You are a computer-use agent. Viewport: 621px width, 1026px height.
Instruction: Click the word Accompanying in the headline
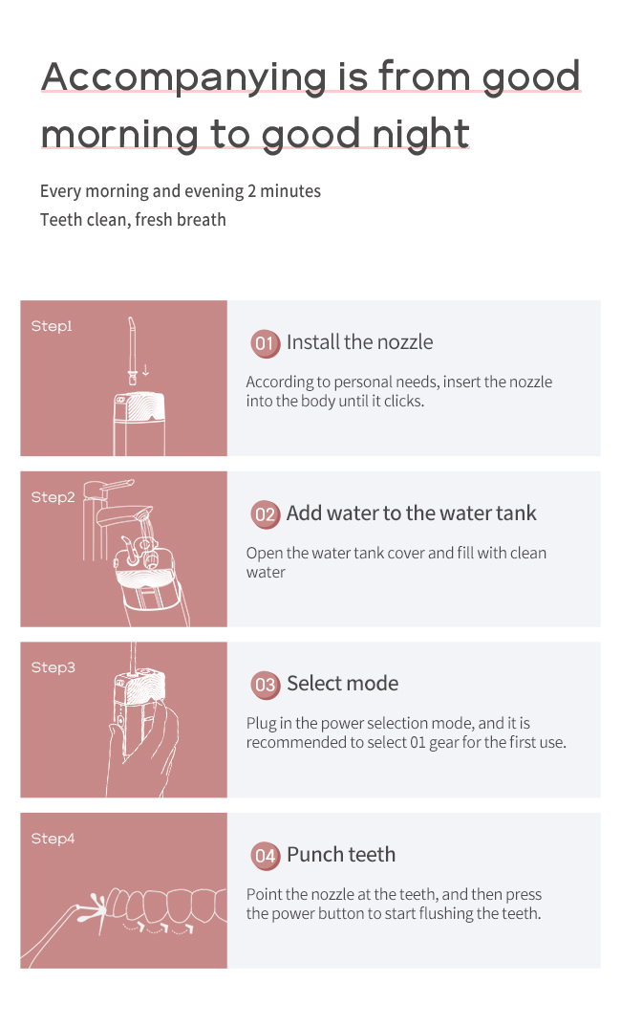[183, 78]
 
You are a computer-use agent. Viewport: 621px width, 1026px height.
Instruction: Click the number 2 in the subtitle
[251, 191]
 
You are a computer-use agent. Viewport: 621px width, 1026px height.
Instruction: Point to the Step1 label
[52, 326]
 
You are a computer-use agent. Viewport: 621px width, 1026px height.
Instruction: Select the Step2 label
[53, 497]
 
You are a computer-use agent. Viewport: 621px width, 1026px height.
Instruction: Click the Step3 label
[53, 667]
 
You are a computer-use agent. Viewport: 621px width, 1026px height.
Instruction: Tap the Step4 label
[53, 839]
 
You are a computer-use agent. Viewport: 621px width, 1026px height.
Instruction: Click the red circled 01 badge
[265, 343]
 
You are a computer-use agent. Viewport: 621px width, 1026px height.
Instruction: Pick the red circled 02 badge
[265, 514]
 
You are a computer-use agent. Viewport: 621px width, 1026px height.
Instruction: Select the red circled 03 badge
[265, 685]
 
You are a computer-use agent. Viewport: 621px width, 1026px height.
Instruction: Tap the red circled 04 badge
[265, 856]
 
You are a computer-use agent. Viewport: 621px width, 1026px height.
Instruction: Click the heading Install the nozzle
[359, 342]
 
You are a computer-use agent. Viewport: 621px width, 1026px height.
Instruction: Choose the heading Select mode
[343, 683]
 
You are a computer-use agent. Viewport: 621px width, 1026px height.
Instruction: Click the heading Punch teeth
[341, 855]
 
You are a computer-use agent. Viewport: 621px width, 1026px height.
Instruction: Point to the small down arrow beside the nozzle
[145, 370]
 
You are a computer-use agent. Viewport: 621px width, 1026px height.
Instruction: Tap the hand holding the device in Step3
[145, 753]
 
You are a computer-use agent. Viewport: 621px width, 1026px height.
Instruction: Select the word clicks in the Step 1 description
[402, 401]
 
